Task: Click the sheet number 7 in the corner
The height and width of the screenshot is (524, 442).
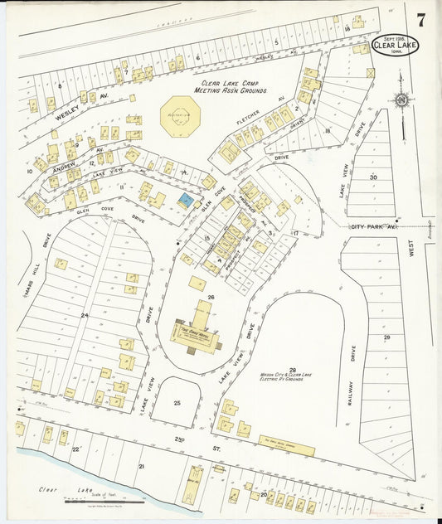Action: [420, 21]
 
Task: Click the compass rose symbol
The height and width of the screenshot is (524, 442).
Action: [401, 100]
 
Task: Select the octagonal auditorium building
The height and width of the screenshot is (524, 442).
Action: [180, 116]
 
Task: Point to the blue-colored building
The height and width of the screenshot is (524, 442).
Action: [187, 200]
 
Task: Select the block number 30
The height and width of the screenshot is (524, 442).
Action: [373, 177]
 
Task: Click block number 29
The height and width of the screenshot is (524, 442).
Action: [386, 337]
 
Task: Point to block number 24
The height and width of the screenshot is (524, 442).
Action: [84, 315]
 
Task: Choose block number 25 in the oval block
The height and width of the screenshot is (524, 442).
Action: [177, 402]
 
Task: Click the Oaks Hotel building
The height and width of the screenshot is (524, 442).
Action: [196, 332]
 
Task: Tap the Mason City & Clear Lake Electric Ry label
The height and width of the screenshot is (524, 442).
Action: [292, 376]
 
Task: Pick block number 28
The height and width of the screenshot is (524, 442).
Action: [292, 370]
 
